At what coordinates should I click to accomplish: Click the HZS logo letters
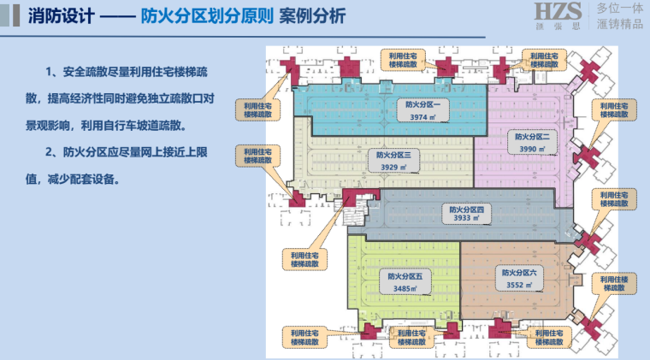558,11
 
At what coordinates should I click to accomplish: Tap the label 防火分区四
467,208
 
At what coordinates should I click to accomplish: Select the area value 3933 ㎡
467,219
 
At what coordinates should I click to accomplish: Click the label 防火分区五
405,276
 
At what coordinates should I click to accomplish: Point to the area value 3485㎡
405,289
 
